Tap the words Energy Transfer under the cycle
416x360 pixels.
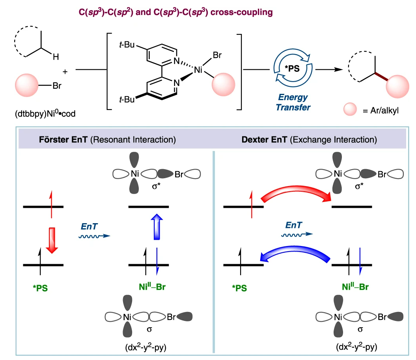[x=293, y=102]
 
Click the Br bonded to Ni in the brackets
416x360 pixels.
[x=217, y=56]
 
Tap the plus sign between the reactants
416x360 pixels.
[x=65, y=72]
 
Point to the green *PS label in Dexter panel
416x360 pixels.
[x=239, y=288]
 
